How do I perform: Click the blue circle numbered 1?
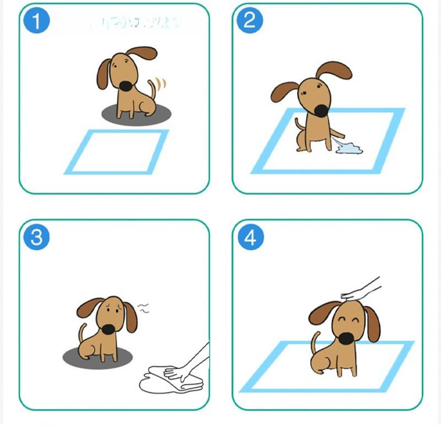[x=36, y=22]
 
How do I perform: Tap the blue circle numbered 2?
[x=250, y=21]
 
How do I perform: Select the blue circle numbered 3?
[x=36, y=238]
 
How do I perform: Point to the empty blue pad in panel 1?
[x=116, y=152]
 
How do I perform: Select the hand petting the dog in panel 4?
[x=361, y=289]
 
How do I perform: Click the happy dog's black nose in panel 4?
[x=345, y=337]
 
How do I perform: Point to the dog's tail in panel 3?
[x=83, y=334]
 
